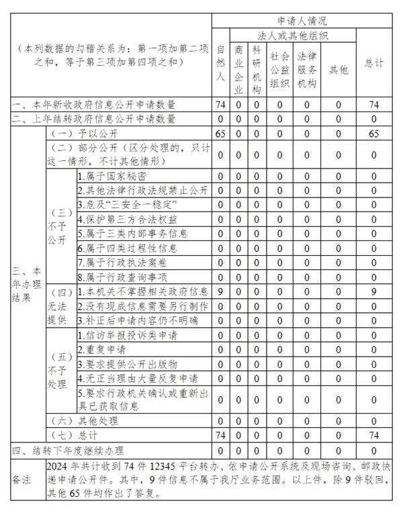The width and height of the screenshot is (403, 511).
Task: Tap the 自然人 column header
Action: click(x=220, y=63)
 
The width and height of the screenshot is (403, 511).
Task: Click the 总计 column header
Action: click(x=373, y=63)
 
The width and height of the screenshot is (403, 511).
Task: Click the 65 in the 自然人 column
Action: click(x=220, y=134)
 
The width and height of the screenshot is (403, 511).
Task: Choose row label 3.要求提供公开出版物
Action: click(x=128, y=364)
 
